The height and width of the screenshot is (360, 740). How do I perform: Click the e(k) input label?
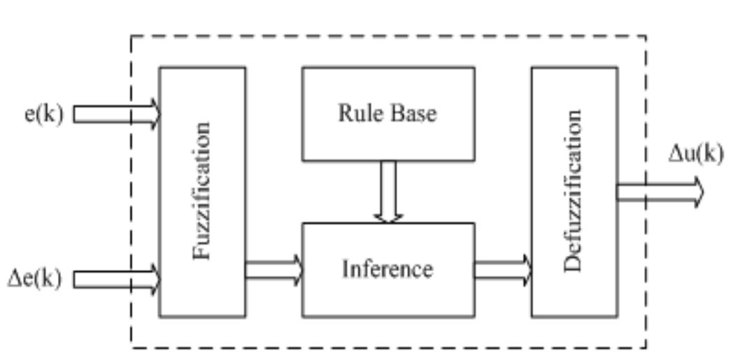(x=43, y=113)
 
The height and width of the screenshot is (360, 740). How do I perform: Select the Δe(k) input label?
(x=34, y=279)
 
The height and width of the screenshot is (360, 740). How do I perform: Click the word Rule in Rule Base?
(x=360, y=113)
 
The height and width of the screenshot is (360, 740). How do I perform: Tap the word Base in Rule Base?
(x=413, y=113)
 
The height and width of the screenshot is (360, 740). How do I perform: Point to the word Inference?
(x=387, y=269)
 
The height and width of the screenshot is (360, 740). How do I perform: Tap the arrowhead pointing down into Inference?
(x=388, y=217)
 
